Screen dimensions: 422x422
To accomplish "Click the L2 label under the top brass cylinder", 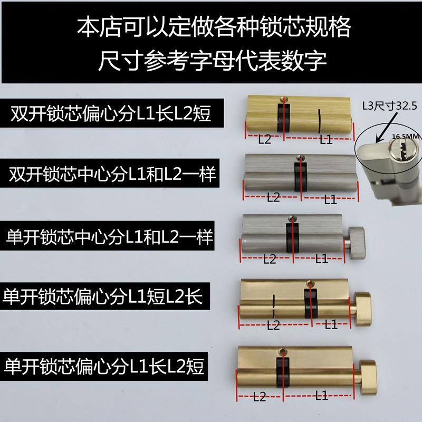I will (264, 140).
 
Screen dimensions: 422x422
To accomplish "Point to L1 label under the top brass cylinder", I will (325, 140).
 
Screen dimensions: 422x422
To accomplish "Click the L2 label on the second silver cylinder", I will (273, 198).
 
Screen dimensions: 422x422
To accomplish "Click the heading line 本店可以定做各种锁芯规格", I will (211, 26).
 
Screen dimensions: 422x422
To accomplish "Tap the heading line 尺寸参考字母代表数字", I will (211, 59).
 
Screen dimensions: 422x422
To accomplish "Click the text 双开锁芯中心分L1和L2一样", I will (111, 174).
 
